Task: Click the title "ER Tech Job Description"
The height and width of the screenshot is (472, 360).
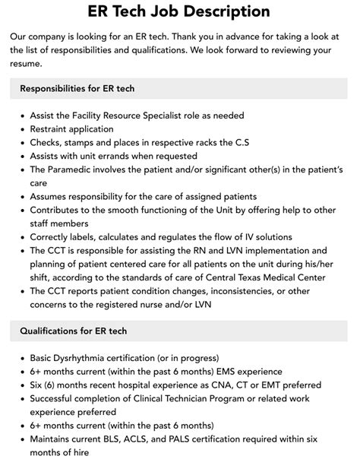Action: (x=180, y=11)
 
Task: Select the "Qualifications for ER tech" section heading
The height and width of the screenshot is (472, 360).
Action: (x=73, y=331)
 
